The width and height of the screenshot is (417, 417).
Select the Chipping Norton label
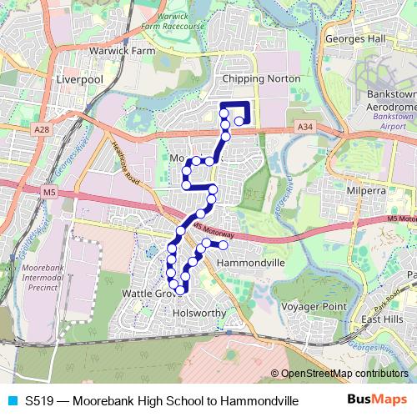click(x=254, y=78)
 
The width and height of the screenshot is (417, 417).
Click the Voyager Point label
click(x=314, y=306)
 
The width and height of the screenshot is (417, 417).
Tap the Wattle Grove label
click(x=148, y=294)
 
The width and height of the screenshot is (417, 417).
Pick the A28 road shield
click(x=43, y=129)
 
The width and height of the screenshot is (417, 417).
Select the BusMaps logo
click(x=377, y=400)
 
